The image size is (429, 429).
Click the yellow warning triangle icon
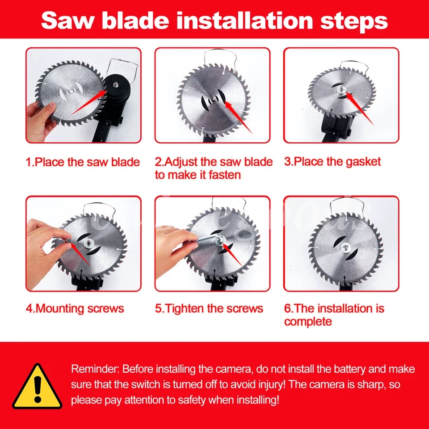click(37, 387)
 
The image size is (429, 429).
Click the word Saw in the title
click(67, 20)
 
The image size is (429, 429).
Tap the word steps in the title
click(354, 21)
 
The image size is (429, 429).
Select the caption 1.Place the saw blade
click(83, 162)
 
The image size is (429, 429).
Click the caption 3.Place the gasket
click(332, 162)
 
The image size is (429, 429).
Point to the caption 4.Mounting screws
click(75, 309)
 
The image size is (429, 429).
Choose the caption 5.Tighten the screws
click(209, 309)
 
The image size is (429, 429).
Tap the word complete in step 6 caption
click(308, 322)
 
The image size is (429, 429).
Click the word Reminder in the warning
click(95, 369)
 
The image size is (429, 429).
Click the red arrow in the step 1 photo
click(89, 103)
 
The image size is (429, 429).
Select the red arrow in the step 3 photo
click(359, 109)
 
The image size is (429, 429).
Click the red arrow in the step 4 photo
click(80, 254)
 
